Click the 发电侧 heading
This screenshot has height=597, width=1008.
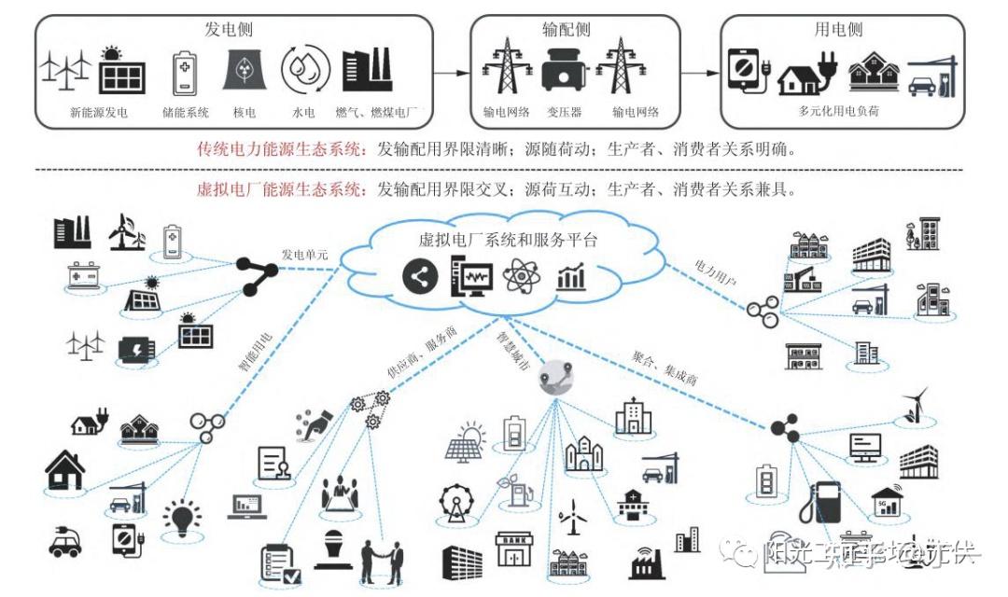(228, 29)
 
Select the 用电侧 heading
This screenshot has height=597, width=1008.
(835, 29)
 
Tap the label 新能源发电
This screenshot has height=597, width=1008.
(99, 113)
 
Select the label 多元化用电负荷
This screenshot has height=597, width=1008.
(838, 110)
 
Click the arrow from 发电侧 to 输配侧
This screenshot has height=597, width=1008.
(452, 71)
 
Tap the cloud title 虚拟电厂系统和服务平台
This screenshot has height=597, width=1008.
(508, 240)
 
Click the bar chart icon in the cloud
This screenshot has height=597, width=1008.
(570, 277)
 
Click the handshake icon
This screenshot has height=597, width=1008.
(383, 560)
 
